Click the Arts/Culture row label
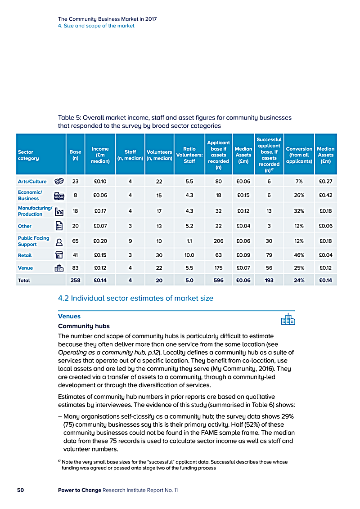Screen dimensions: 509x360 (32, 181)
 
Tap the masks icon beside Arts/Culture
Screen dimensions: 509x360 (58, 181)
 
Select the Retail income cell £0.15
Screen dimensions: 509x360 (100, 255)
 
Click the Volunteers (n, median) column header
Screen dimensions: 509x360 (159, 155)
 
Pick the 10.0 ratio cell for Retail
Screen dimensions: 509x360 (189, 255)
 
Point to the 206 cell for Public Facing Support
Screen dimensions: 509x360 (219, 241)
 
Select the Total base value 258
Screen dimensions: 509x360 (75, 280)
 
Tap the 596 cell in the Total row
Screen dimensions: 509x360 (219, 280)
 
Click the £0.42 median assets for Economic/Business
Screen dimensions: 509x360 (325, 195)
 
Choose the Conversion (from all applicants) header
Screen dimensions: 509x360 (299, 155)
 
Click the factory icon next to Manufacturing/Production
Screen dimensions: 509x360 (59, 211)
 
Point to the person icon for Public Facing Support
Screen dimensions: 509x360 (59, 241)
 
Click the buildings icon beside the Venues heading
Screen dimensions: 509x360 (288, 319)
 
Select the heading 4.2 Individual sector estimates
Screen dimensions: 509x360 (135, 298)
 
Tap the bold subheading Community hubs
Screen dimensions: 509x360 (84, 326)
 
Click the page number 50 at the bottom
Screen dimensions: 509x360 (20, 490)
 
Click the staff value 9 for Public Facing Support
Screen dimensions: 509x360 (130, 241)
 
